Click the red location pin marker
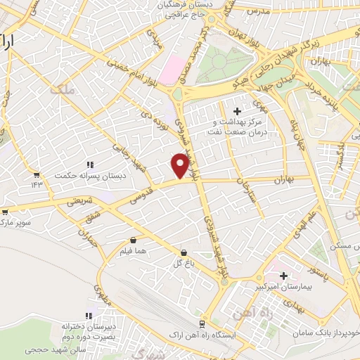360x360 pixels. (x=180, y=165)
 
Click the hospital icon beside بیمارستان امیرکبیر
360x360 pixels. (x=284, y=275)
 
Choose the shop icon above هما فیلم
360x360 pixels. (x=133, y=239)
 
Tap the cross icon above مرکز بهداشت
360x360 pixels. (x=236, y=110)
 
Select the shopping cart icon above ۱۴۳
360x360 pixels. (x=36, y=174)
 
